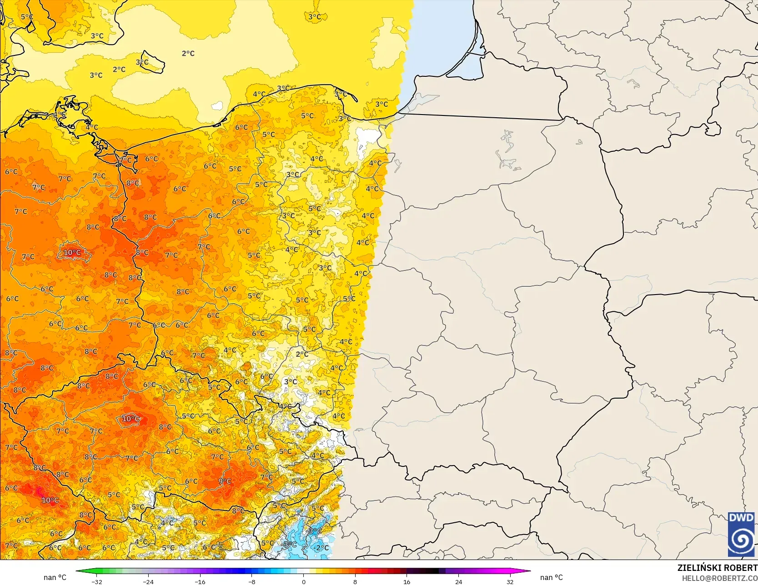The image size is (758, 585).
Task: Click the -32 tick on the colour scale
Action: point(96,581)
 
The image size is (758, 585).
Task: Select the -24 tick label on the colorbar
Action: point(148,581)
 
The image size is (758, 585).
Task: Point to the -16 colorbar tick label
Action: point(200,581)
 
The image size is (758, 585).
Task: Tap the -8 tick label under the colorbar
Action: point(252,581)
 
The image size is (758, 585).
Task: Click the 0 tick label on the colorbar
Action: point(303,581)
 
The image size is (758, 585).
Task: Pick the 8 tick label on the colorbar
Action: point(355,581)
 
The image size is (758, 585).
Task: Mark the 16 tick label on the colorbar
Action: point(407,581)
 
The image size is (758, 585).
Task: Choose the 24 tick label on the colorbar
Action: point(458,581)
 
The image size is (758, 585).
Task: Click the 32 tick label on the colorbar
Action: point(510,581)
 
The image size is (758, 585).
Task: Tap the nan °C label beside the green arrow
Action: point(55,577)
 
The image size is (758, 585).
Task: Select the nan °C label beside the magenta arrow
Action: point(551,577)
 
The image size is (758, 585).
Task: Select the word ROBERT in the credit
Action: point(741,568)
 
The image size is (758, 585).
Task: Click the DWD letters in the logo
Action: point(741,518)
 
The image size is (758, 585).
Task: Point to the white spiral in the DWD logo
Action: point(741,540)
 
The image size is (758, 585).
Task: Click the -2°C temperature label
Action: point(321,548)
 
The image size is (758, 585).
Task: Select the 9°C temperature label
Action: point(225,481)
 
